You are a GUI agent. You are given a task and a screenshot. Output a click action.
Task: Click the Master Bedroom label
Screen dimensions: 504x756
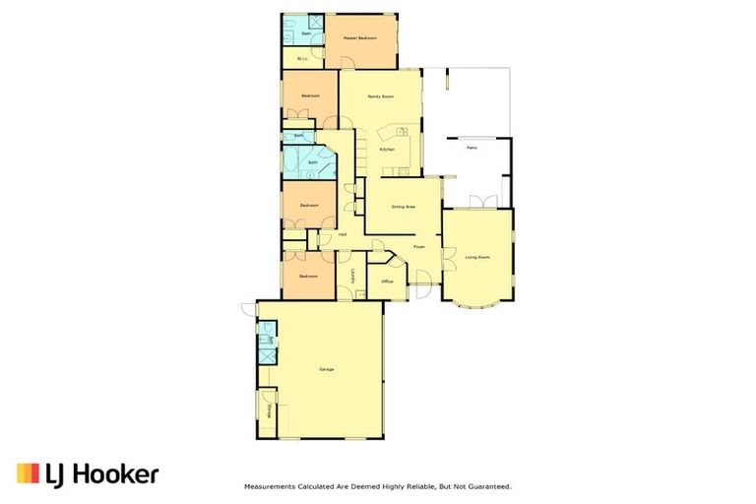click(x=360, y=38)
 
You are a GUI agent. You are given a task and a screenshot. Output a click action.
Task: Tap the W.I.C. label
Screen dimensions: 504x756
click(x=303, y=58)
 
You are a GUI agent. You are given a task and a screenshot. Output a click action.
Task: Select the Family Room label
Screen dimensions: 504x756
click(x=380, y=96)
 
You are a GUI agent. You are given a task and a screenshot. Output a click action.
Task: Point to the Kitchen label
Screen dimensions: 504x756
click(x=388, y=149)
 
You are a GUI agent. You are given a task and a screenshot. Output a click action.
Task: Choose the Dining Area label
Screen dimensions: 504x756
click(x=404, y=207)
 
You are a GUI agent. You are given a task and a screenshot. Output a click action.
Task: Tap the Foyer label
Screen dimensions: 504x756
click(x=418, y=246)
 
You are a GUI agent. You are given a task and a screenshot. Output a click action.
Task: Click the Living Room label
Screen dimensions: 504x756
click(x=476, y=257)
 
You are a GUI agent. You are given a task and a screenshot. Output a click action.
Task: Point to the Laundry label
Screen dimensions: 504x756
click(x=351, y=278)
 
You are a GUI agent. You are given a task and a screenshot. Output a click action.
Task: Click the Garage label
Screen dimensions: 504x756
click(x=327, y=369)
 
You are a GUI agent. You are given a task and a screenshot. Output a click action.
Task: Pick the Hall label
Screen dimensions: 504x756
click(x=343, y=234)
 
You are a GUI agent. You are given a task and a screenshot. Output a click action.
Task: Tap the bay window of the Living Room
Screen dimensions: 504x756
click(x=476, y=304)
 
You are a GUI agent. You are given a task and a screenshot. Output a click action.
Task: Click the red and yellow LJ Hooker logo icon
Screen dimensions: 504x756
click(x=28, y=473)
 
